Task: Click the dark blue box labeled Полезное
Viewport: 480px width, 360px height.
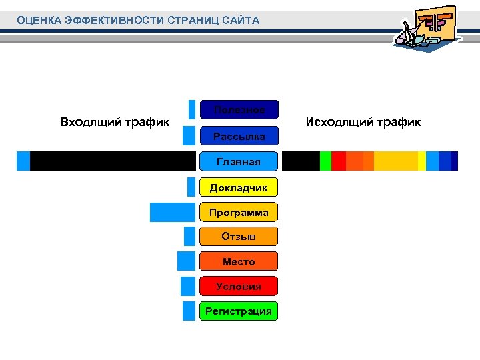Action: coord(239,109)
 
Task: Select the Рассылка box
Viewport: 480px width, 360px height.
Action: coord(239,136)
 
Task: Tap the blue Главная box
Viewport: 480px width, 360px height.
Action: coord(239,161)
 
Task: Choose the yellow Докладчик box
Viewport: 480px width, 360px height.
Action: coord(239,187)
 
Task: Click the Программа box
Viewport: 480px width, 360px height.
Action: coord(239,213)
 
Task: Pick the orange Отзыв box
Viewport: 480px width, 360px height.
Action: coord(239,237)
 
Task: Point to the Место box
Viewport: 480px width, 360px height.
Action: coord(239,261)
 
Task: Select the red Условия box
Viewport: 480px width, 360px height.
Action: coord(239,286)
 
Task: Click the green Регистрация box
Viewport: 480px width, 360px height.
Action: coord(239,311)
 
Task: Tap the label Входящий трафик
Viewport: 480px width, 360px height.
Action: coord(114,122)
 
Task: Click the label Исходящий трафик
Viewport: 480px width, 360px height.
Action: coord(363,122)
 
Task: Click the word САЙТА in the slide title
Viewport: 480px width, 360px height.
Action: coord(237,21)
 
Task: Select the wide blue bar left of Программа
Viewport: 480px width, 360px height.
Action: coord(172,212)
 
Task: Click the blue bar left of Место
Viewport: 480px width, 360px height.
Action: coord(186,261)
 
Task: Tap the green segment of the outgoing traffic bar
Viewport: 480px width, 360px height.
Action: coord(325,161)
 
